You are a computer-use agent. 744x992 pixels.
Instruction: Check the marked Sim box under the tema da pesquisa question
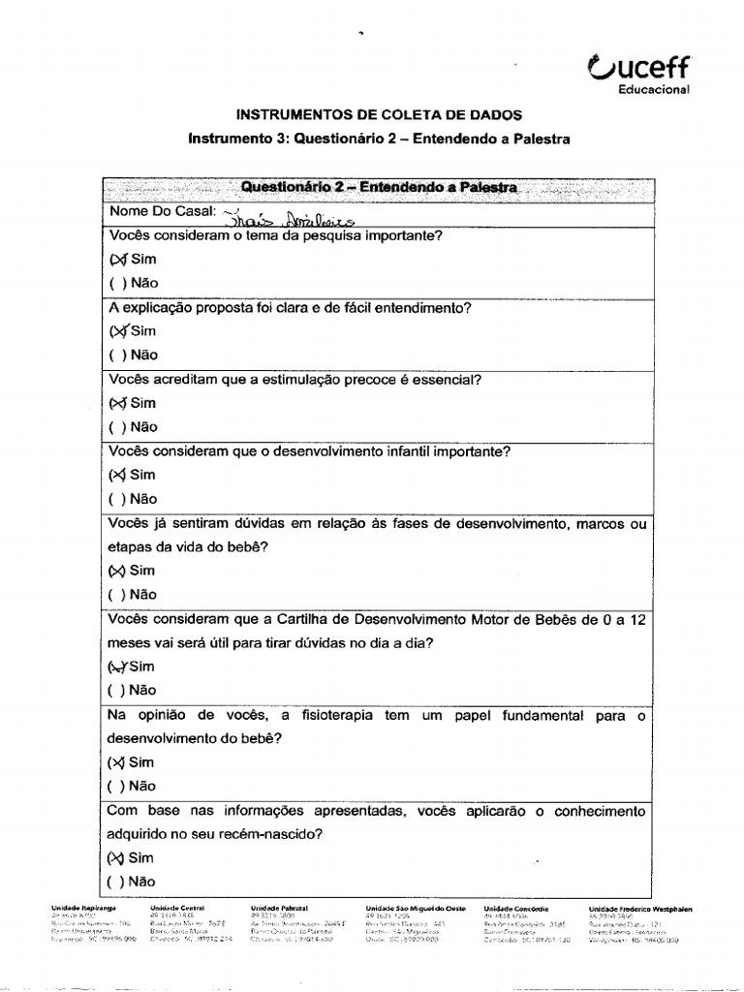tap(117, 260)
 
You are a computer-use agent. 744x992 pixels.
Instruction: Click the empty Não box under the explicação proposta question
tap(116, 356)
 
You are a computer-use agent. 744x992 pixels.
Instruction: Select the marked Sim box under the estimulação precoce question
tap(117, 403)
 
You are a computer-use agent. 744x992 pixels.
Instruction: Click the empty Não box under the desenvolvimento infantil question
tap(116, 499)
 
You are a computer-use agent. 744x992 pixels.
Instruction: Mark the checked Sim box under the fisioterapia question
tap(117, 762)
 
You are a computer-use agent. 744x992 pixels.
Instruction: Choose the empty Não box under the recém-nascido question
tap(116, 882)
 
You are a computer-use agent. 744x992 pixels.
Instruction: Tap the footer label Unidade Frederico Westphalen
tap(640, 909)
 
